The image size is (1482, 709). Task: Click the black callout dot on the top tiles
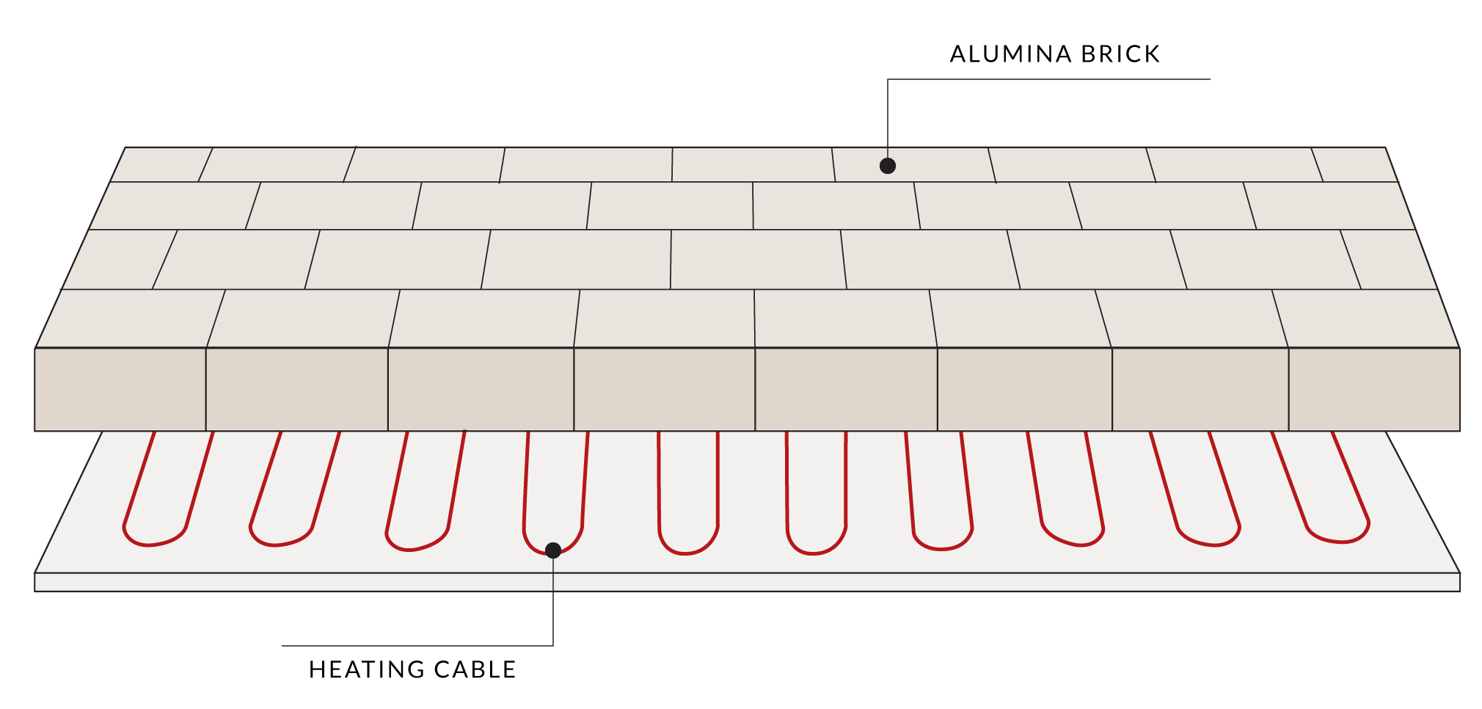pos(888,166)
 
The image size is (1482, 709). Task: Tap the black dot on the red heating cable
pos(553,550)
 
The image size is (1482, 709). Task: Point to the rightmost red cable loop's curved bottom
pos(1341,541)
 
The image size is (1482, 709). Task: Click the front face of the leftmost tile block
pos(120,389)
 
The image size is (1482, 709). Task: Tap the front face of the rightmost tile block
pos(1374,389)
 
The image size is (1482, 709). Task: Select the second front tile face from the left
pos(297,389)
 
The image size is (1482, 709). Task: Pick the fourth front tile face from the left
pos(665,389)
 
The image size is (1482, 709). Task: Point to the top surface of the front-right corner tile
pos(1365,319)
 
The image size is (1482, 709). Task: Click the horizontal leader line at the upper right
pos(1049,79)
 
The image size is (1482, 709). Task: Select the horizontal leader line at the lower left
pos(418,646)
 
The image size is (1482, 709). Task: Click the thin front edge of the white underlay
pos(747,582)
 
